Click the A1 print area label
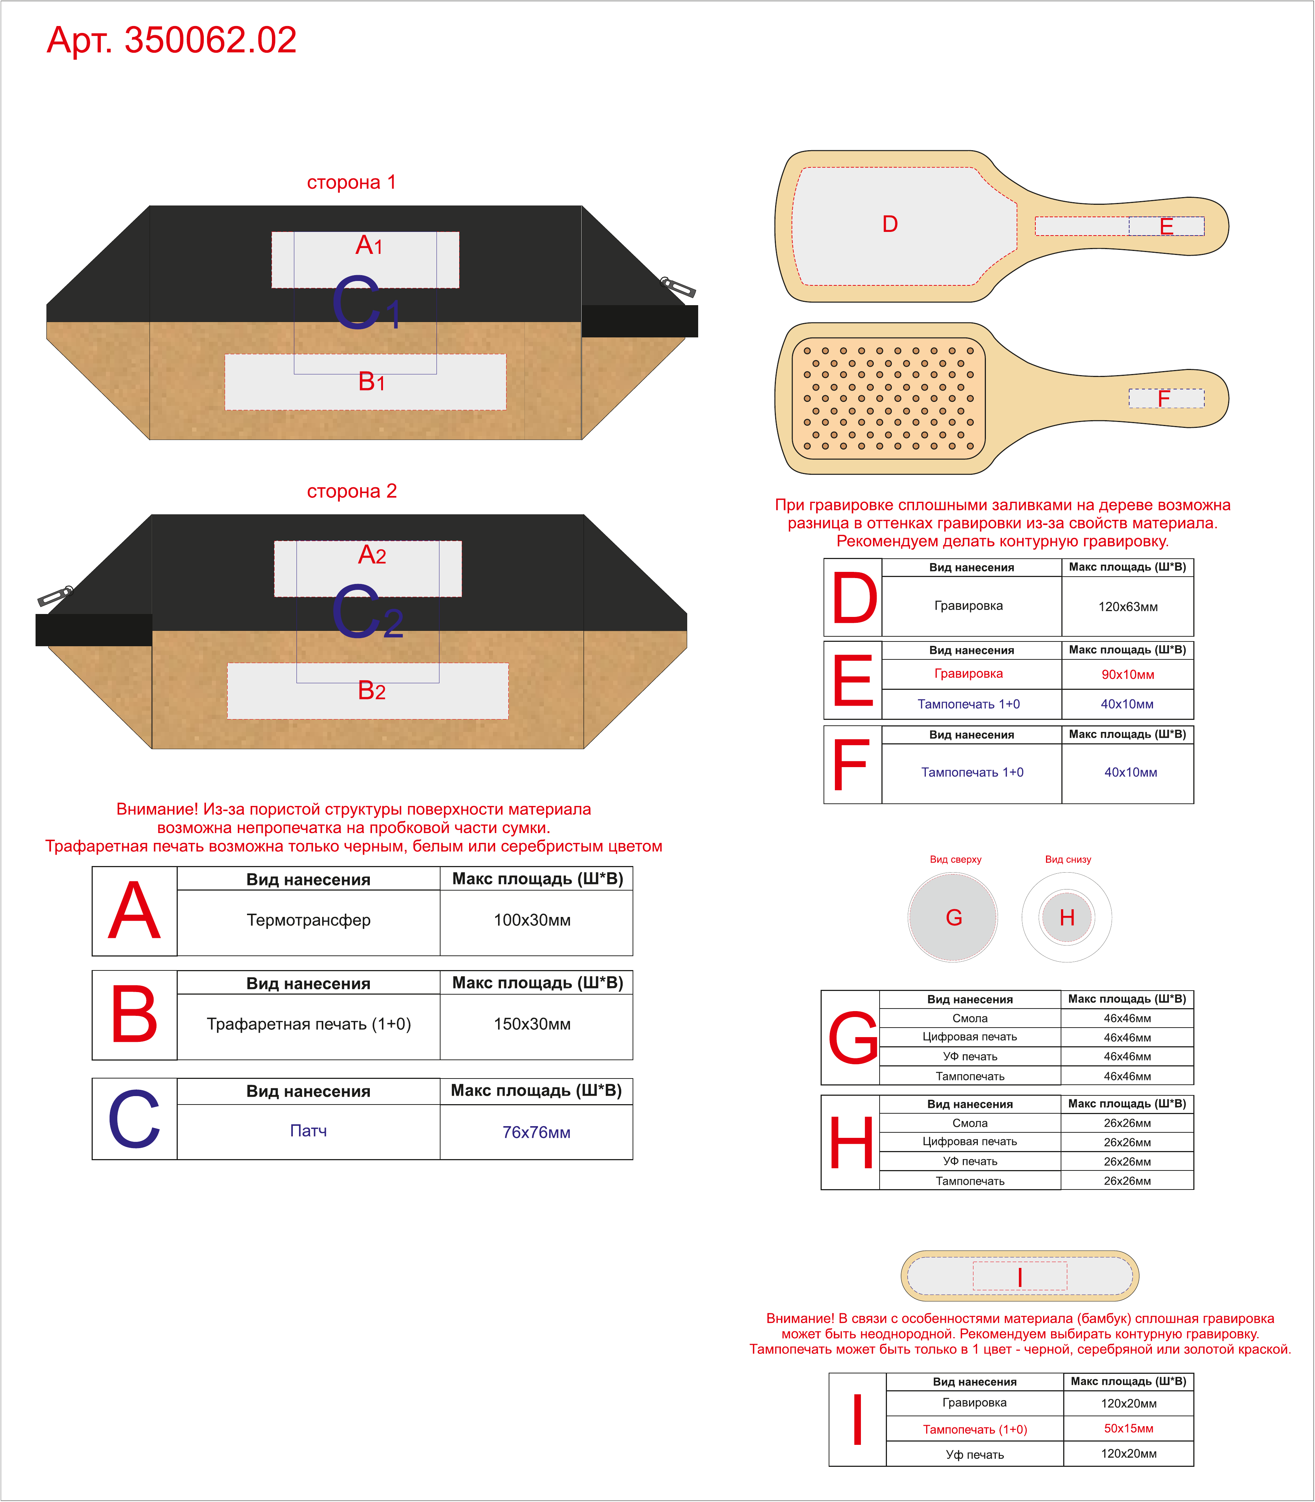pos(369,245)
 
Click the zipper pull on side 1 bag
pos(677,287)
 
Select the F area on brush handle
pos(1166,398)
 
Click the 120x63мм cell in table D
pos(1128,607)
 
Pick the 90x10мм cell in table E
pos(1128,674)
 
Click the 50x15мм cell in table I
pos(1128,1428)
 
